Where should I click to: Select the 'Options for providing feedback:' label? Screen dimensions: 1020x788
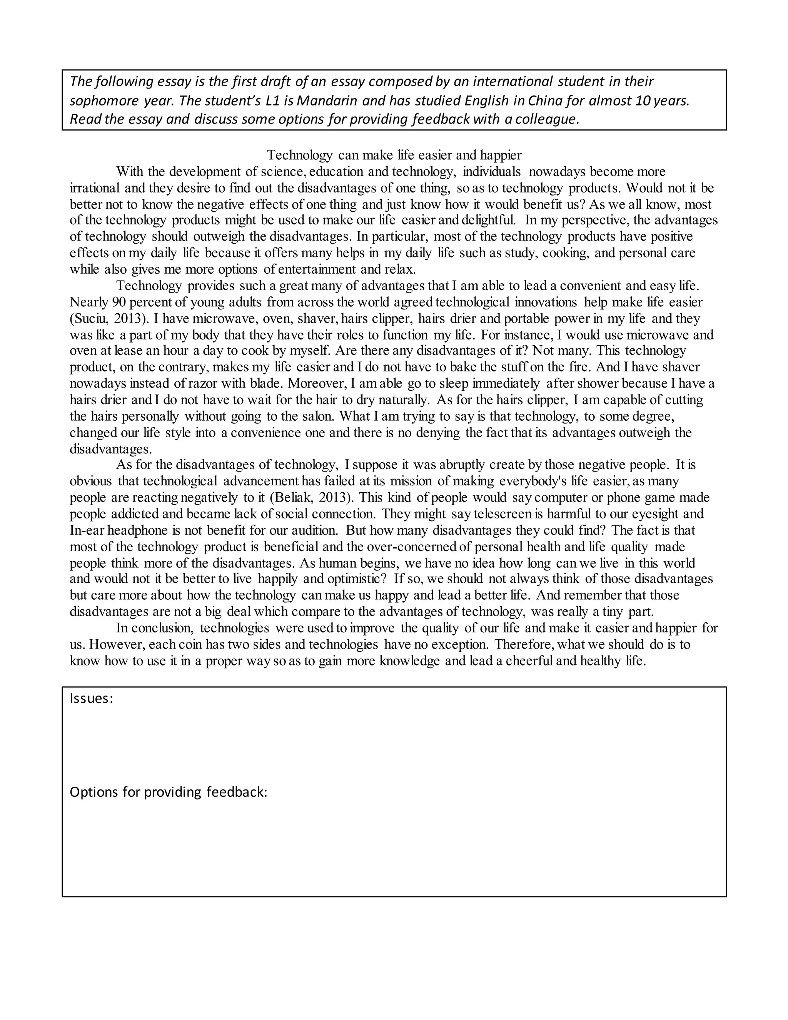tap(168, 792)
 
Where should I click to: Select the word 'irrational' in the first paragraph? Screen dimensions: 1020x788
tap(95, 188)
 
